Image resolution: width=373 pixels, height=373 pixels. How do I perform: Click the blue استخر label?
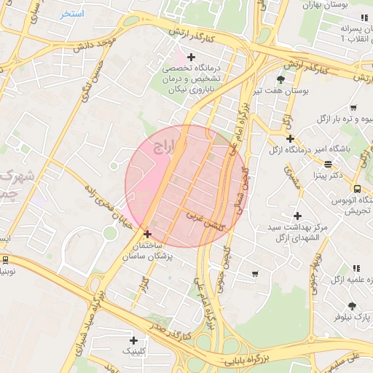73,14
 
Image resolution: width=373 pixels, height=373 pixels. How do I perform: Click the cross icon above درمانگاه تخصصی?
192,57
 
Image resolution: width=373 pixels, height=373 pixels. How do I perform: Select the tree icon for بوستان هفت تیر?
281,79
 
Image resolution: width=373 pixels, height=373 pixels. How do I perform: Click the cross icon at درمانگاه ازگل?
290,138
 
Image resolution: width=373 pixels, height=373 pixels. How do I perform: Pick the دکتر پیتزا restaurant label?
327,175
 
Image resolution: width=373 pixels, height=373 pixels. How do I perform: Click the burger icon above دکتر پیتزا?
328,164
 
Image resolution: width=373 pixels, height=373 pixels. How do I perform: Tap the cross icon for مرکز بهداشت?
297,216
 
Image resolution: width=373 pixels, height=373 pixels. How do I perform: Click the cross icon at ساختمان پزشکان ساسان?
148,235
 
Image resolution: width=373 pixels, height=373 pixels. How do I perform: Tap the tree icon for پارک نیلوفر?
352,306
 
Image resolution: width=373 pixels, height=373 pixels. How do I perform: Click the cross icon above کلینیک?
133,340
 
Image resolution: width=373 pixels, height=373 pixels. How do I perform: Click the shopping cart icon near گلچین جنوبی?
254,274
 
